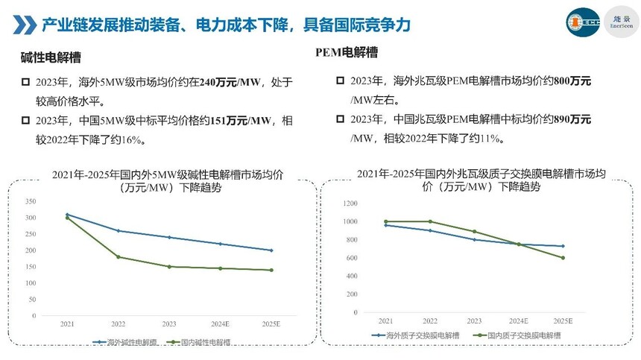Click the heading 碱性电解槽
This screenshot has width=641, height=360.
[51, 57]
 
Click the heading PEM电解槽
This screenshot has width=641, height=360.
[347, 52]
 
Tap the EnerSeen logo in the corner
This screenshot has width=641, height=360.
[621, 21]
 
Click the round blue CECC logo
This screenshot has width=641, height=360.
[582, 22]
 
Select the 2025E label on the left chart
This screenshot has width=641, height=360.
[271, 324]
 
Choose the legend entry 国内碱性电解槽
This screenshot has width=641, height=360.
[200, 343]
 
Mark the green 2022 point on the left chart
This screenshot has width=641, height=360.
[118, 257]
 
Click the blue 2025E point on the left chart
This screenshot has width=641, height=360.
[271, 250]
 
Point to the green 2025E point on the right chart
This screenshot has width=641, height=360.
[563, 258]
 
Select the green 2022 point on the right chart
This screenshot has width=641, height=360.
[429, 221]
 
